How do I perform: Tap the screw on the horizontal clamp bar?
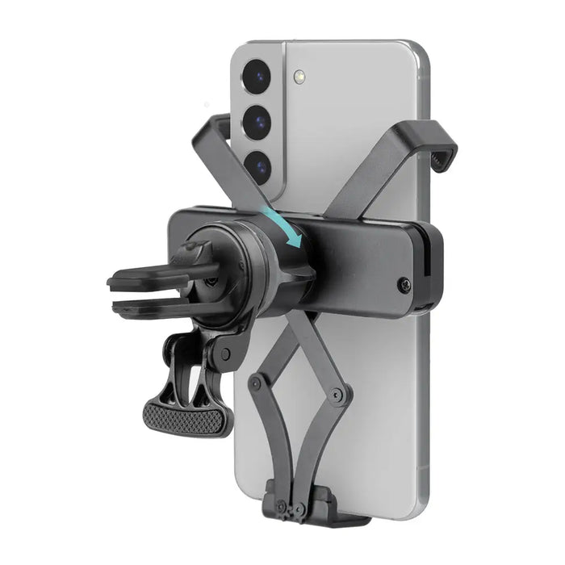[x=404, y=283]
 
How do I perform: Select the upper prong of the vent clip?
[x=141, y=280]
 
